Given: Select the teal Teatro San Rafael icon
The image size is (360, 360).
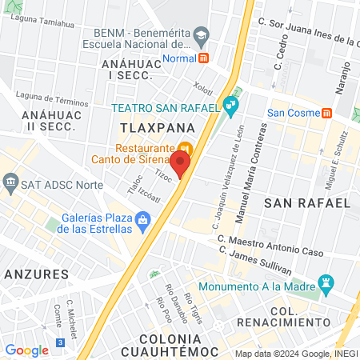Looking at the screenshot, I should (231, 104).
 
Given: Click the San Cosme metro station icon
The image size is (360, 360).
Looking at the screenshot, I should (327, 113).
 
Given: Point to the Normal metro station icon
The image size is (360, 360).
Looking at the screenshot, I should (204, 58).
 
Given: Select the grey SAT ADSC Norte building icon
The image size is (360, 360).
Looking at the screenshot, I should (12, 185).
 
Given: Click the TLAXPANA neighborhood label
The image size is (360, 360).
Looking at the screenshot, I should (148, 128).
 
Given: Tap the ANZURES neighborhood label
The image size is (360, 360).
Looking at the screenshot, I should (35, 274).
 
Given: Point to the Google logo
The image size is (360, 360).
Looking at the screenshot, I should (27, 350).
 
